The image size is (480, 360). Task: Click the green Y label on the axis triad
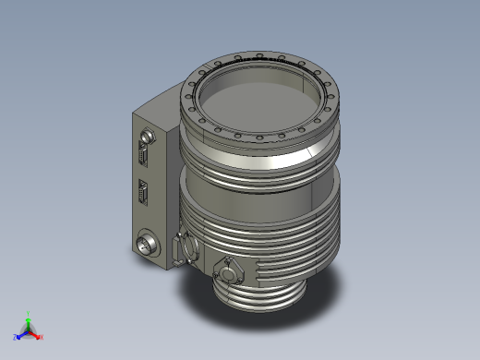[30, 314]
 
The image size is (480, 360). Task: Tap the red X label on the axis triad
[42, 337]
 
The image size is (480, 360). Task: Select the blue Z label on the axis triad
[16, 337]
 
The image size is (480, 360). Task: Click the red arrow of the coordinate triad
[36, 333]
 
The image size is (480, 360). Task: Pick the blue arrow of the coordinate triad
[22, 333]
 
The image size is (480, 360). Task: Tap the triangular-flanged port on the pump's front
[226, 272]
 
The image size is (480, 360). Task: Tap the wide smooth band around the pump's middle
[268, 198]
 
